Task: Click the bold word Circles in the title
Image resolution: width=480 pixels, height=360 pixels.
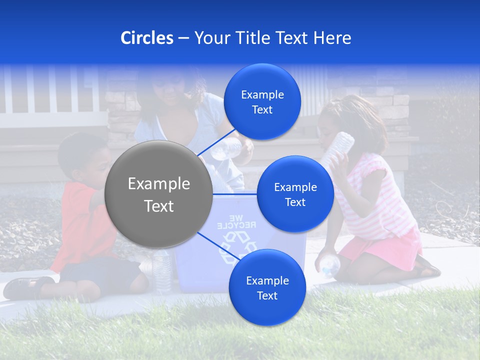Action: click(146, 38)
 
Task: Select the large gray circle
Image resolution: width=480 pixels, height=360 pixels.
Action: click(158, 194)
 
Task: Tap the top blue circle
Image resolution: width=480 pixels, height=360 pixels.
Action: click(262, 102)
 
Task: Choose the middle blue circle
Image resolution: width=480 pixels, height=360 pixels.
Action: click(295, 194)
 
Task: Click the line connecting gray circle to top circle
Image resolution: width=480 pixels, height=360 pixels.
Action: click(216, 142)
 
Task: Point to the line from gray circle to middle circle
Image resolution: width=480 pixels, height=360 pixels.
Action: click(235, 193)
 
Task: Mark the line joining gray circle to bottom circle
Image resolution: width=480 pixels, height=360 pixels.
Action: click(215, 246)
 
